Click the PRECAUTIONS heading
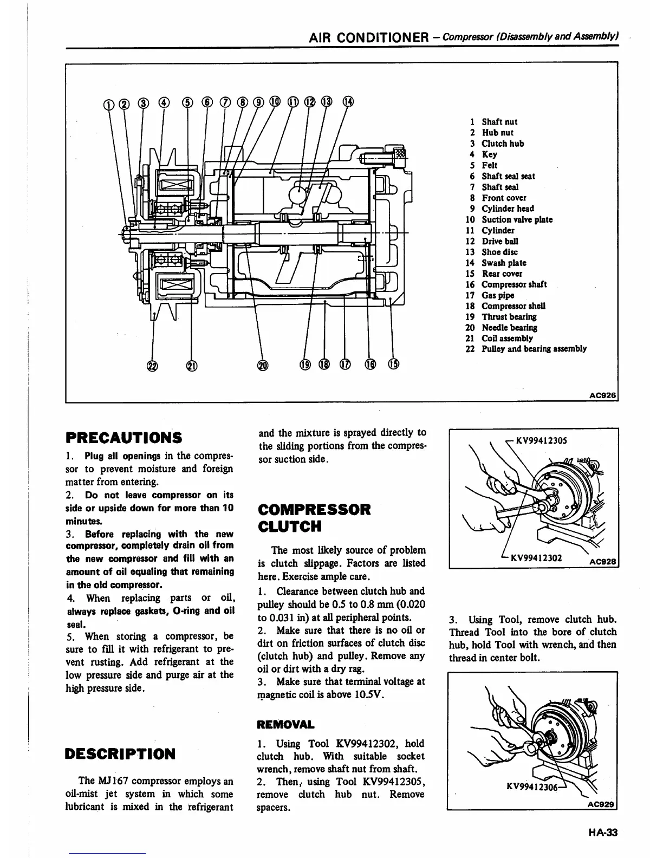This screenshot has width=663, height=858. [x=123, y=437]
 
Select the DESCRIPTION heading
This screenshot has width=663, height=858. [x=120, y=754]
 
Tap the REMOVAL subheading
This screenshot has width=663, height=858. [x=286, y=725]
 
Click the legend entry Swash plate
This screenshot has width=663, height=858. [x=504, y=263]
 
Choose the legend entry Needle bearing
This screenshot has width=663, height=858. [x=509, y=328]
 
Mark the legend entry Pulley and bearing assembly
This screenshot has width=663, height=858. [x=534, y=349]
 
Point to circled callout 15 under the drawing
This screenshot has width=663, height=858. [x=393, y=365]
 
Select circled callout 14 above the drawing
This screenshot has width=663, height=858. [x=348, y=101]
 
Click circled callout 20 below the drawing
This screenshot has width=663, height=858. [x=262, y=366]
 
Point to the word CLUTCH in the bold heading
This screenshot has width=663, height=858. [x=290, y=526]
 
